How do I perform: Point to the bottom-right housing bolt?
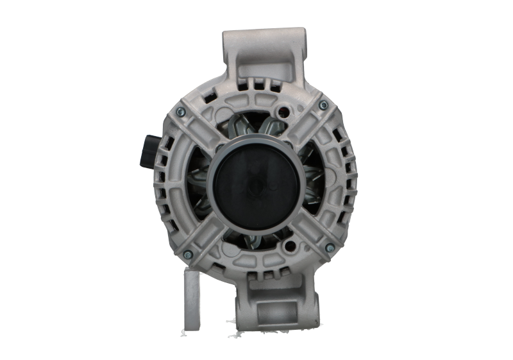tap(330, 248)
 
